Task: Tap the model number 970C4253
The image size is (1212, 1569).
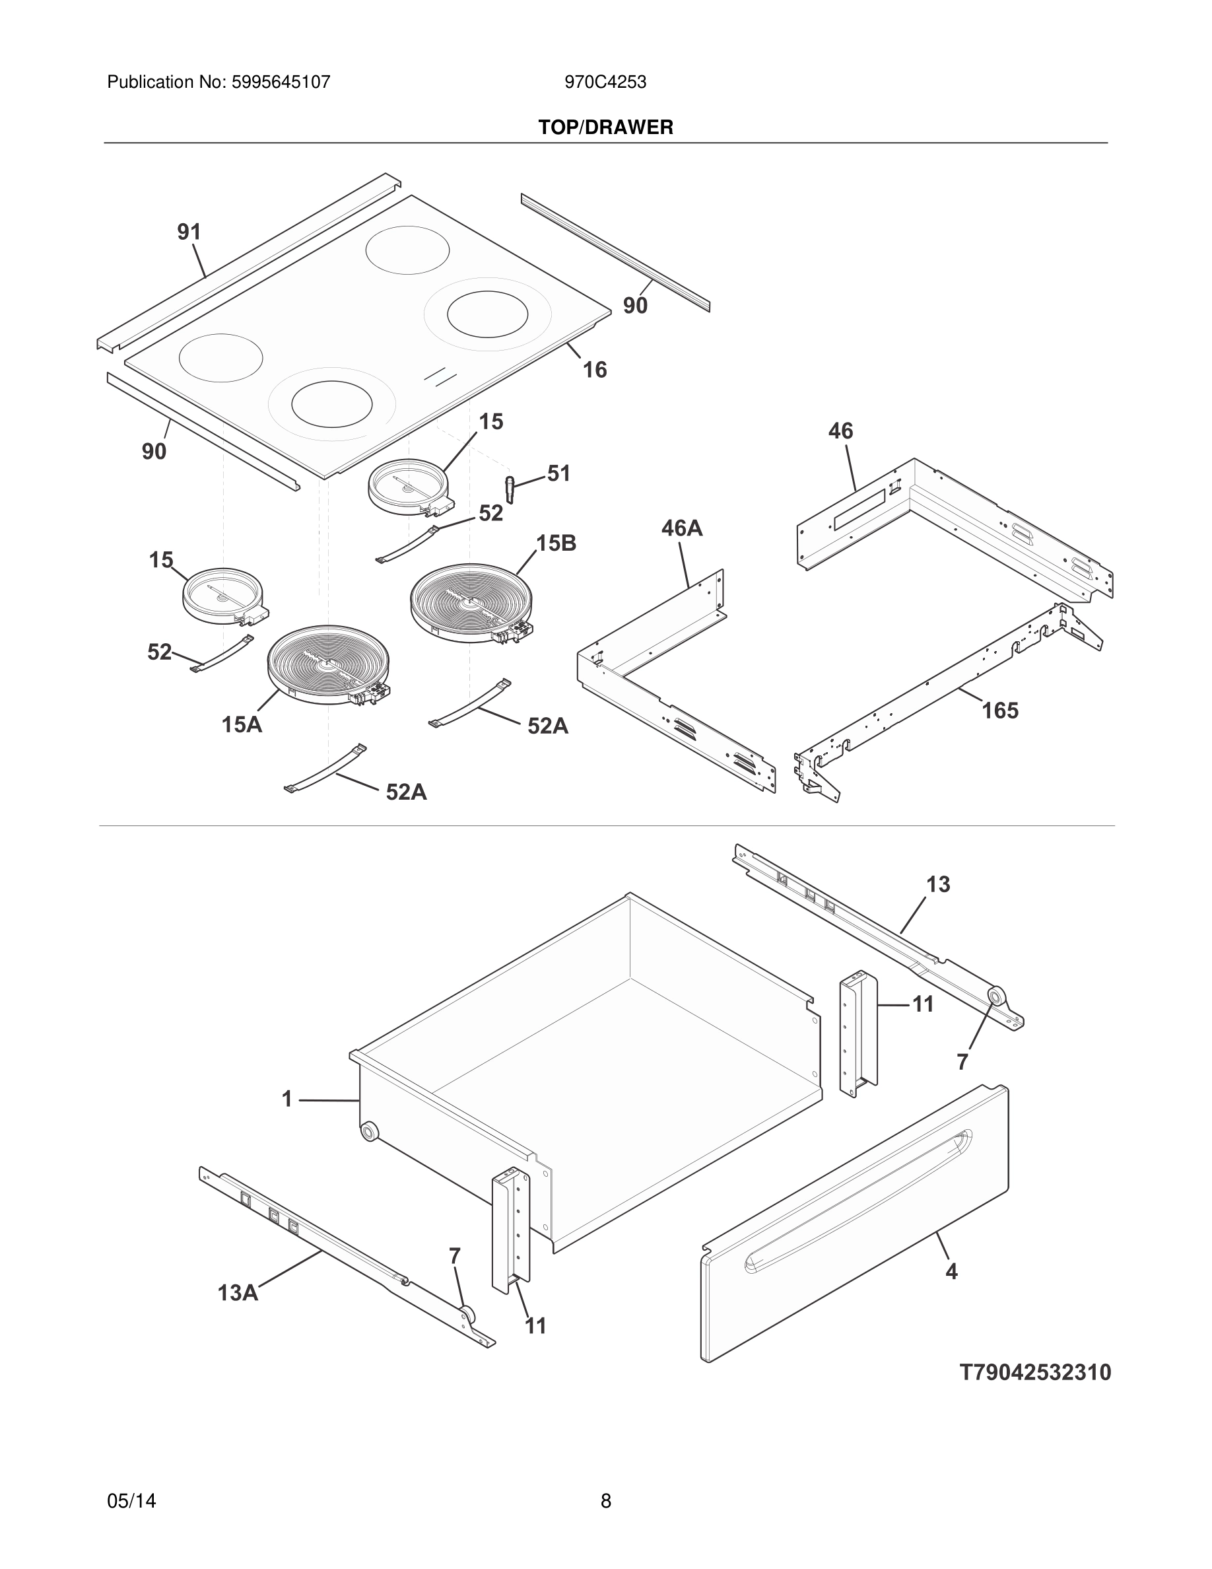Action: coord(605,83)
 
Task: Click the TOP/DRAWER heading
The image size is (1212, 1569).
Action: coord(605,128)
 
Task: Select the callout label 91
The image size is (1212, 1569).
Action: coord(189,232)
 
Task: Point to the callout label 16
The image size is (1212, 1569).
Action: coord(595,370)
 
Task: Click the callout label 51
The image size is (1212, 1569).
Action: coord(558,473)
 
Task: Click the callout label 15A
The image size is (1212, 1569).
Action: coord(242,725)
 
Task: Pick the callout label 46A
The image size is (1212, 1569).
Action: coord(681,529)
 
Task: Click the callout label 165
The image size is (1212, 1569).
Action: coord(999,711)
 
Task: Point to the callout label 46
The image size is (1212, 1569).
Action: coord(841,431)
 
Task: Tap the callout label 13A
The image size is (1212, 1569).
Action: coord(238,1293)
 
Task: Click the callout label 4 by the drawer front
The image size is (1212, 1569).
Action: coord(951,1272)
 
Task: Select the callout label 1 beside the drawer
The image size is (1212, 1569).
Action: coord(287,1099)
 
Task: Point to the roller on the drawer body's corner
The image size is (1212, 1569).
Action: coord(369,1133)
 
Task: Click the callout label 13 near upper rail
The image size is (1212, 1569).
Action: coord(938,884)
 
